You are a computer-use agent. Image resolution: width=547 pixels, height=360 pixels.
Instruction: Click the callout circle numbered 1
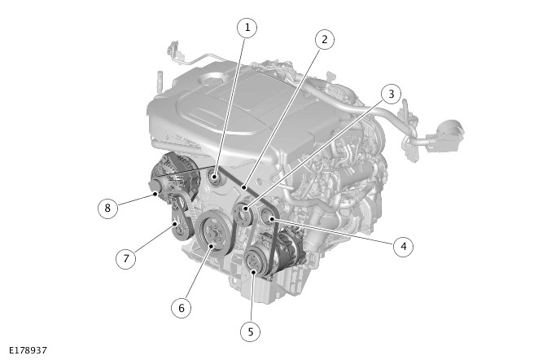pyautogui.click(x=247, y=28)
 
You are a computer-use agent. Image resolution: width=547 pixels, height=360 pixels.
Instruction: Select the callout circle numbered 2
pyautogui.click(x=325, y=39)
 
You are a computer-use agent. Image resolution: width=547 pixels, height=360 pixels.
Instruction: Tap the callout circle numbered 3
pyautogui.click(x=391, y=94)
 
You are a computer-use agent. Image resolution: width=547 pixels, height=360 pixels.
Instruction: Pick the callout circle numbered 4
pyautogui.click(x=403, y=247)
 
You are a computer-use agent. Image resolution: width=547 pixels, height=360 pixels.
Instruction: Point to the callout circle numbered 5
pyautogui.click(x=251, y=331)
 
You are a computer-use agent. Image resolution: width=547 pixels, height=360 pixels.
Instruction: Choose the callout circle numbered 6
pyautogui.click(x=181, y=309)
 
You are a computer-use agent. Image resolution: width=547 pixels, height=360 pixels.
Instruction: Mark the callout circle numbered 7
pyautogui.click(x=126, y=259)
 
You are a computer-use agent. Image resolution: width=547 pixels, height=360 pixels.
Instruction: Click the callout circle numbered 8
pyautogui.click(x=107, y=209)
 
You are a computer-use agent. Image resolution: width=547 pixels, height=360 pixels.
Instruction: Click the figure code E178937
pyautogui.click(x=28, y=350)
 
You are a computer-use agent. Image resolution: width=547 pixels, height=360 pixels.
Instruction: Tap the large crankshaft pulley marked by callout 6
pyautogui.click(x=213, y=233)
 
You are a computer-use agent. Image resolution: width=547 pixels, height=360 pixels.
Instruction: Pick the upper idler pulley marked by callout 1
pyautogui.click(x=213, y=177)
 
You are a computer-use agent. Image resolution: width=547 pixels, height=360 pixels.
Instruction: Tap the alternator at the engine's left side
pyautogui.click(x=173, y=178)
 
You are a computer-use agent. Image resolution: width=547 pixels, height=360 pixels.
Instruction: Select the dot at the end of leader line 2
pyautogui.click(x=245, y=187)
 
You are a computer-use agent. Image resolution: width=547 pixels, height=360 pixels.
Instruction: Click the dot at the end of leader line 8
pyautogui.click(x=156, y=194)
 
